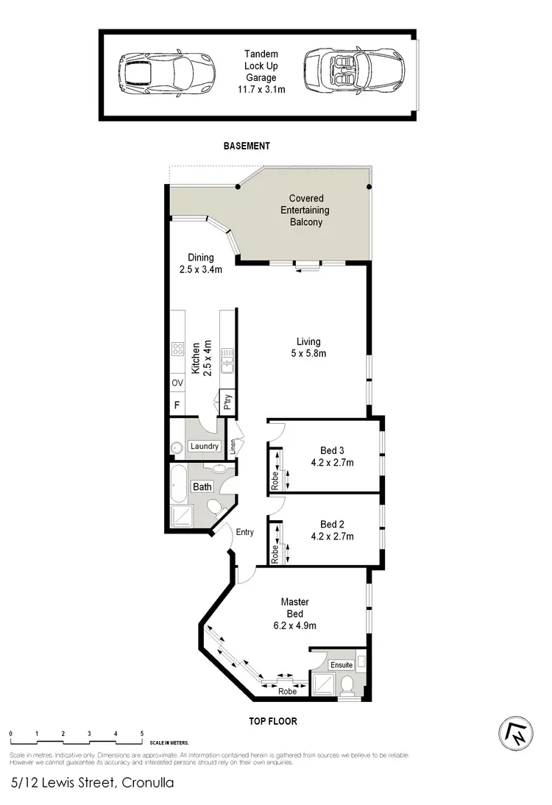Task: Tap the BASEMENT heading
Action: click(247, 146)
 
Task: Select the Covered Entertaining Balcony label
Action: click(306, 210)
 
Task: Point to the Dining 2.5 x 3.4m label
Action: click(200, 263)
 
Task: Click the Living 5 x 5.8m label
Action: click(308, 347)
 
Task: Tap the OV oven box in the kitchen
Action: click(177, 383)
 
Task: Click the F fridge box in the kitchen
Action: click(177, 405)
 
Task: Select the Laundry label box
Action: click(204, 447)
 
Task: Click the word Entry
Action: click(245, 532)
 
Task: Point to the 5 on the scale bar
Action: click(141, 734)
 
